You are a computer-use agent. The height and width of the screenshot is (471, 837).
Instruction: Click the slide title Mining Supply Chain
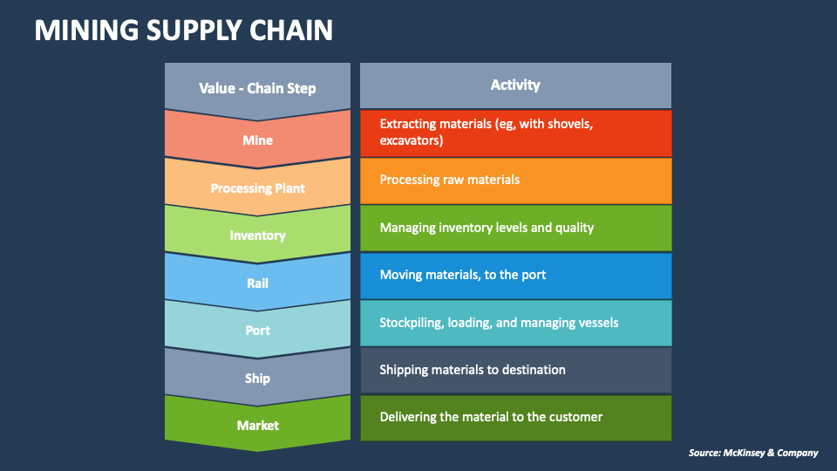pyautogui.click(x=183, y=31)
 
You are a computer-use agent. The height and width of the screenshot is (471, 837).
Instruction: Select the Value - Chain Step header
pyautogui.click(x=257, y=88)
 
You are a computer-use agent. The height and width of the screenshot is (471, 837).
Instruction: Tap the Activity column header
pyautogui.click(x=515, y=85)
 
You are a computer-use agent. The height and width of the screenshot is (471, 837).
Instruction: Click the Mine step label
pyautogui.click(x=257, y=140)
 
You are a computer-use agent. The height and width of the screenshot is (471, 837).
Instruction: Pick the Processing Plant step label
pyautogui.click(x=257, y=188)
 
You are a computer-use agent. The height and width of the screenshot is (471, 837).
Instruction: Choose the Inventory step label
pyautogui.click(x=257, y=235)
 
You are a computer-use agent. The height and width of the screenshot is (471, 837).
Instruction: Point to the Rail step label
pyautogui.click(x=257, y=283)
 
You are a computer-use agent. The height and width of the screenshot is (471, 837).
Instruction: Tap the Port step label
pyautogui.click(x=257, y=331)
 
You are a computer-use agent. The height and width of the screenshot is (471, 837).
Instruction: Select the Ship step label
pyautogui.click(x=257, y=379)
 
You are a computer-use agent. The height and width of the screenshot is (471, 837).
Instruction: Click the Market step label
pyautogui.click(x=257, y=426)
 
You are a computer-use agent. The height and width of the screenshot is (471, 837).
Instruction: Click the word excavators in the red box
pyautogui.click(x=411, y=140)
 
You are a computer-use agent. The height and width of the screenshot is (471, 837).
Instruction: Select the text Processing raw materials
pyautogui.click(x=449, y=180)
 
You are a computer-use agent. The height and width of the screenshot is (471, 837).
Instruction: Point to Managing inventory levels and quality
pyautogui.click(x=487, y=228)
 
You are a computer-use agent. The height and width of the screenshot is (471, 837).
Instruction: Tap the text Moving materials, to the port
pyautogui.click(x=462, y=275)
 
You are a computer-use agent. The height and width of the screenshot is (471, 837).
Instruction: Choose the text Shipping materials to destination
pyautogui.click(x=472, y=370)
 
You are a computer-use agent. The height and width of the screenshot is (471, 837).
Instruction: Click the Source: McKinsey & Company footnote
pyautogui.click(x=752, y=453)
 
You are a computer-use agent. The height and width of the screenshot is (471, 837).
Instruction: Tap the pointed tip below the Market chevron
pyautogui.click(x=257, y=447)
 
